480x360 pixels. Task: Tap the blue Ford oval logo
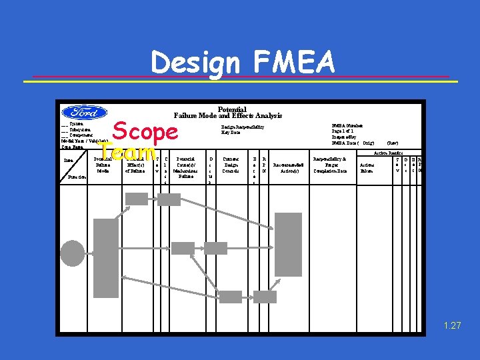pos(84,113)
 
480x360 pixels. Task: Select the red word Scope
pos(145,130)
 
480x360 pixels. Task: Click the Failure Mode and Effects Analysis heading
pos(228,115)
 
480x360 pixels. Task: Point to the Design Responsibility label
pos(243,126)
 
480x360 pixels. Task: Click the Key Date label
pos(231,132)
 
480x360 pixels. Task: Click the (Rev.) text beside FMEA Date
pos(393,143)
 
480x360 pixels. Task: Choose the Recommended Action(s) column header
pos(288,167)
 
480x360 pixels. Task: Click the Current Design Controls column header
pos(231,167)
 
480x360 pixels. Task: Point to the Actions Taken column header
pos(367,167)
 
